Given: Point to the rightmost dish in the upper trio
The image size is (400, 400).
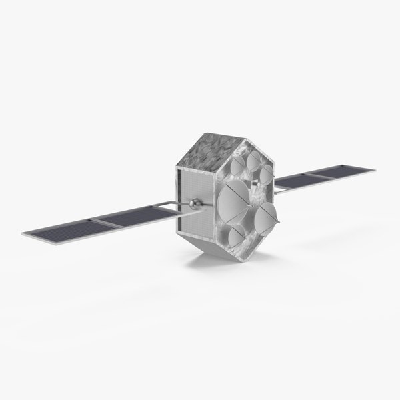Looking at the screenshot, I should point(266,176).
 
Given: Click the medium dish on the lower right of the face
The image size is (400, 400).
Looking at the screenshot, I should point(267,215).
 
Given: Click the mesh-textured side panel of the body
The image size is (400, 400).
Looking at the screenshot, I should point(191,200).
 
